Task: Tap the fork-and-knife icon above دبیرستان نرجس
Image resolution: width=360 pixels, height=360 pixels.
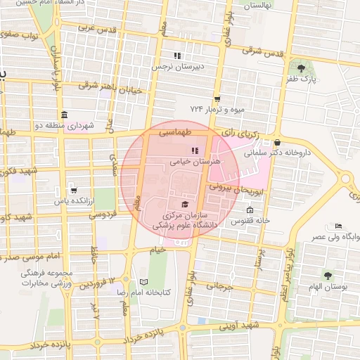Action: (x=178, y=56)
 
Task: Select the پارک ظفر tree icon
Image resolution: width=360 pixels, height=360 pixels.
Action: (x=302, y=68)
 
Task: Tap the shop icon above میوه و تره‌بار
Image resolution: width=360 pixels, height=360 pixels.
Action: (x=217, y=98)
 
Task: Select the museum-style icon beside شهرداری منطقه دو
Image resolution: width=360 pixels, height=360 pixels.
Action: (x=65, y=115)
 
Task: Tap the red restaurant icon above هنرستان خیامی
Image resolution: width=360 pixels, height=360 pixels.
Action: (x=194, y=150)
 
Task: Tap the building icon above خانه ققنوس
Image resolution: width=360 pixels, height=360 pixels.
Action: (x=250, y=210)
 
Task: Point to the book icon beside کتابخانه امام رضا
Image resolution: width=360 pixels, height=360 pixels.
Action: (x=144, y=281)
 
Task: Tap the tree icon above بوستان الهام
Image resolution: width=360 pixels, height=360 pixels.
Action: (x=327, y=276)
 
